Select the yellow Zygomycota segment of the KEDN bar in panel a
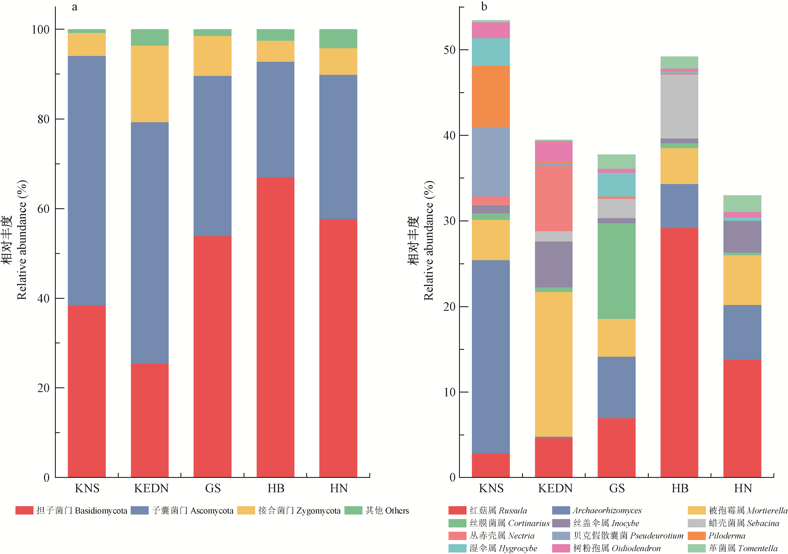click(150, 84)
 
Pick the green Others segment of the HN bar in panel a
click(338, 39)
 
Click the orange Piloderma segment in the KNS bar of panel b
click(491, 96)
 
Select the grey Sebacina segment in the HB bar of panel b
click(679, 106)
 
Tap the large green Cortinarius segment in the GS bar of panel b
click(616, 271)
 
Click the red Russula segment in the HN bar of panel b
click(742, 418)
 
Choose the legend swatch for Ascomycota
click(140, 510)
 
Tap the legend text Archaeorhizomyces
click(607, 510)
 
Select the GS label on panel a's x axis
click(213, 488)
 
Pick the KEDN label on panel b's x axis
click(555, 488)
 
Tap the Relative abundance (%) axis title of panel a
click(22, 240)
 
